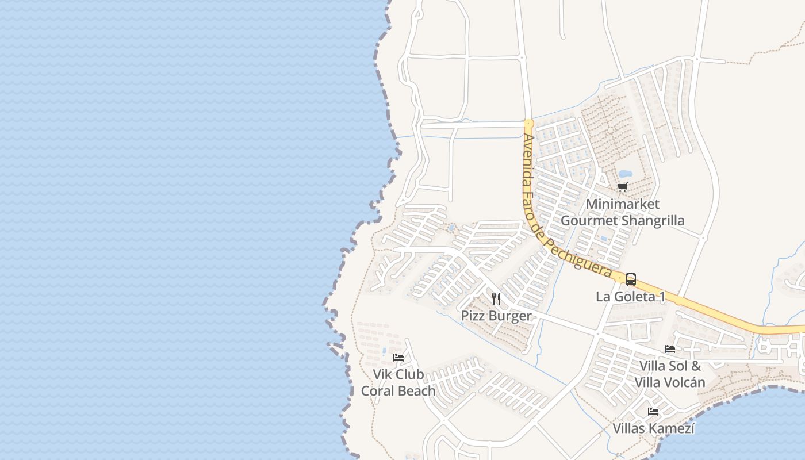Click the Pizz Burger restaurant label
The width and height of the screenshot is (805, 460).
(x=496, y=316)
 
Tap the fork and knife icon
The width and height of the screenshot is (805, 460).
(x=496, y=299)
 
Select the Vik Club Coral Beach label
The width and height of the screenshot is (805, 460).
(x=398, y=382)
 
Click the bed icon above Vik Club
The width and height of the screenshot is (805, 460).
(x=398, y=358)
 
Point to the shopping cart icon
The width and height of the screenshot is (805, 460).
(x=622, y=187)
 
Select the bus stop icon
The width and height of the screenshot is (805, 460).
(x=630, y=279)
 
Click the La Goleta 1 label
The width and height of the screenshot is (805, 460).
(x=630, y=297)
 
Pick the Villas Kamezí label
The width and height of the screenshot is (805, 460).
(x=653, y=428)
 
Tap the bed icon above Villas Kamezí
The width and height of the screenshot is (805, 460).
(x=653, y=411)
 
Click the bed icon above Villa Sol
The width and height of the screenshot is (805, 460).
(x=669, y=348)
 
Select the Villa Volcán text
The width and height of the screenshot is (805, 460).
(x=669, y=382)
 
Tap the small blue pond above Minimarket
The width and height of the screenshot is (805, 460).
(x=624, y=174)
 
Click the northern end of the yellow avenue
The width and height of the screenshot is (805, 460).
(x=529, y=123)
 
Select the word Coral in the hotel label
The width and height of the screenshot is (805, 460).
(x=379, y=391)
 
